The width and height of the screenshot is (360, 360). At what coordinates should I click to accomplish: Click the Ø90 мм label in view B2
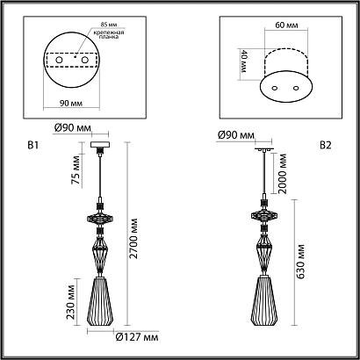[x=234, y=135]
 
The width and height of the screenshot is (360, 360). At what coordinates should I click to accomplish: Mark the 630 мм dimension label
[x=299, y=263]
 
